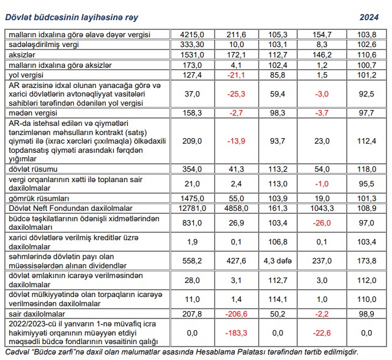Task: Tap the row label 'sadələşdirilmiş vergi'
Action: pos(44,45)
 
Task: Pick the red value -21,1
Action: pos(235,75)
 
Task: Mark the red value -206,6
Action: pos(235,314)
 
